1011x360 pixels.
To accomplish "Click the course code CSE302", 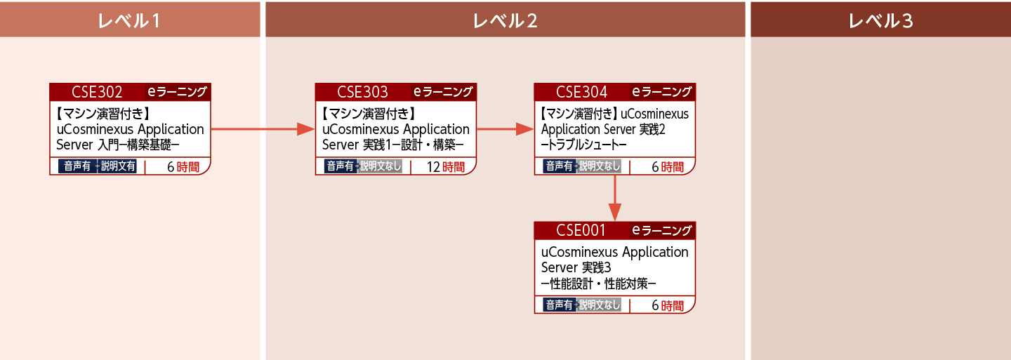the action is [x=97, y=92].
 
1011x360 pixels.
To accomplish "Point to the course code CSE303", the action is [x=362, y=92].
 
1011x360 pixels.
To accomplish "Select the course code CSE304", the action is [x=581, y=92].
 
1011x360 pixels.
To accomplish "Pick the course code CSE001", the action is [x=581, y=230].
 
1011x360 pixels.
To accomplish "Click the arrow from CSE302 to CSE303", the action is [x=263, y=129].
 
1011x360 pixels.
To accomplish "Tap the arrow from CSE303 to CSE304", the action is [x=505, y=129].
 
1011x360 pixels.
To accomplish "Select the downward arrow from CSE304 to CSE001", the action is [x=615, y=198].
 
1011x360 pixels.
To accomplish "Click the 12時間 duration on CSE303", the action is [x=445, y=167].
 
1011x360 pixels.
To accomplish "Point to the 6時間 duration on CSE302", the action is [x=183, y=167].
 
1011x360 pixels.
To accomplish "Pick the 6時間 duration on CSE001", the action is [x=668, y=305].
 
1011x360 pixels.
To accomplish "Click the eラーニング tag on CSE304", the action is [x=662, y=92].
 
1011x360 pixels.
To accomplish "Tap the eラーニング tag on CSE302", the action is [x=178, y=92].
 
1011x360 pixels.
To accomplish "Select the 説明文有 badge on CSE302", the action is [x=117, y=166].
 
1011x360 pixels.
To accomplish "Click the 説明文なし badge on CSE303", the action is [x=380, y=166].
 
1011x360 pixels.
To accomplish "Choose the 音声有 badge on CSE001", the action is [x=560, y=305].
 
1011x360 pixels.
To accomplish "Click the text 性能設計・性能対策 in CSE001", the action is [x=598, y=284].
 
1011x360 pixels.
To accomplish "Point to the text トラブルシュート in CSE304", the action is [x=583, y=145].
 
